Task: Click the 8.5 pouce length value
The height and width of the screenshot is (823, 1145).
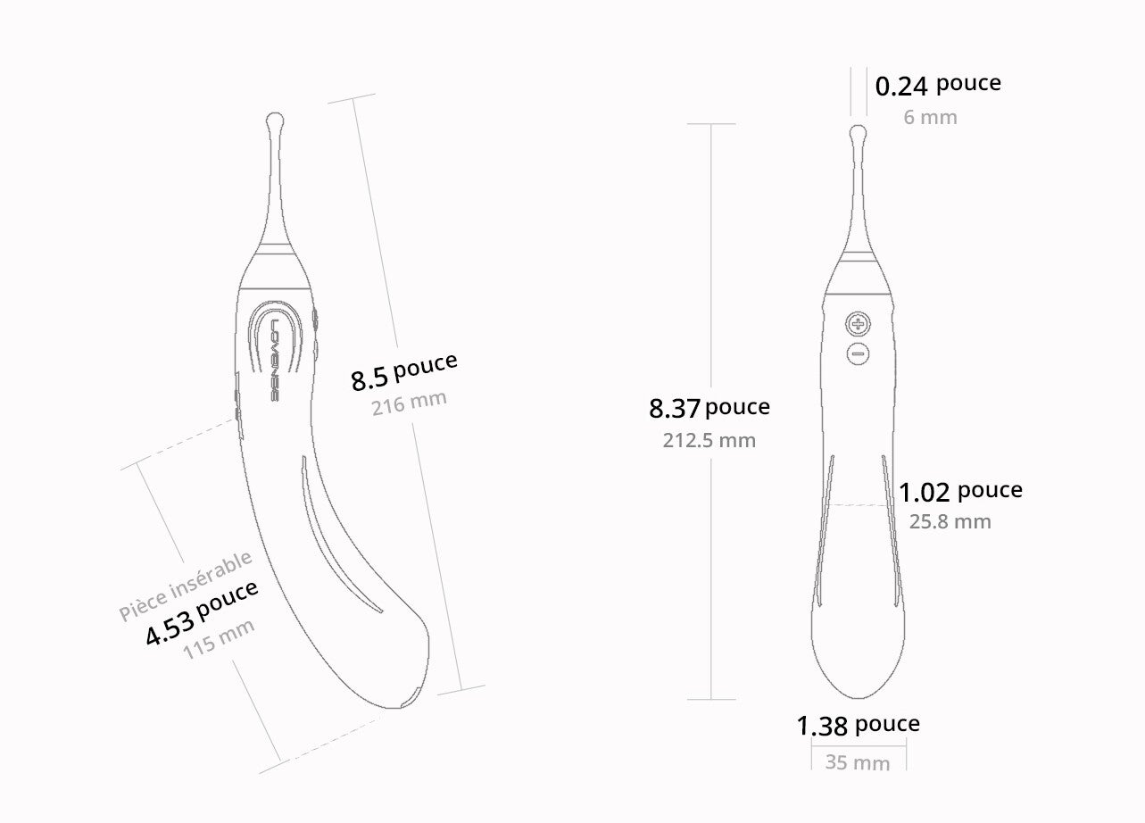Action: tap(403, 371)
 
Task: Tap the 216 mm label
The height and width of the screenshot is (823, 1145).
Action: tap(409, 403)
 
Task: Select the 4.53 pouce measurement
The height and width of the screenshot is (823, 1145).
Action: tap(202, 613)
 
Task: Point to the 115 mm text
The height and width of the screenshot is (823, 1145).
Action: tap(219, 639)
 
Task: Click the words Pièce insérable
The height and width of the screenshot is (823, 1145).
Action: tap(185, 586)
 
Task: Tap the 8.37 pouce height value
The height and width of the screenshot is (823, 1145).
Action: tap(709, 408)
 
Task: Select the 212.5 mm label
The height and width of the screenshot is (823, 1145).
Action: tap(709, 440)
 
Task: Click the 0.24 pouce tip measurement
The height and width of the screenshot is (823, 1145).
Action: tap(938, 85)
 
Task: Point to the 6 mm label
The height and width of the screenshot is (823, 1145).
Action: tap(930, 117)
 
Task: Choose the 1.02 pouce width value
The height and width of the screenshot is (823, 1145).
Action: tap(960, 492)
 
